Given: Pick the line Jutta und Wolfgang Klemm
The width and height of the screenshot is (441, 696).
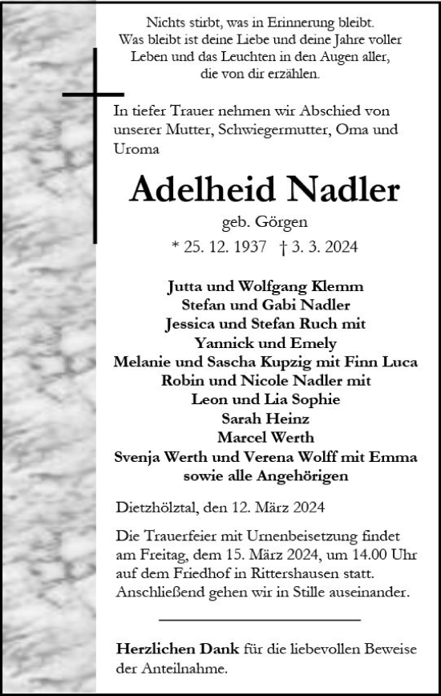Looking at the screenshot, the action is pyautogui.click(x=265, y=286).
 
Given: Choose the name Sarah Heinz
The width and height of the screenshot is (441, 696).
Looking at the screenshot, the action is pyautogui.click(x=265, y=418).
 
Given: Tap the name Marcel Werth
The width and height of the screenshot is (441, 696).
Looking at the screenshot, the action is pyautogui.click(x=265, y=437).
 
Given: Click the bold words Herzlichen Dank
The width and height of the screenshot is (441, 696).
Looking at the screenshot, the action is pyautogui.click(x=166, y=647).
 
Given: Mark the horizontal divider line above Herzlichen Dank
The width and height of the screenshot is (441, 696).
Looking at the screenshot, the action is pyautogui.click(x=260, y=619).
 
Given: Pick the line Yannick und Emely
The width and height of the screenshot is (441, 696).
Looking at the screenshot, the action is pyautogui.click(x=265, y=342).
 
